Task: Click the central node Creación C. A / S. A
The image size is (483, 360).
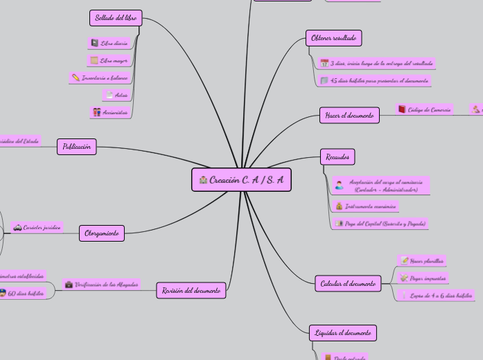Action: (x=241, y=180)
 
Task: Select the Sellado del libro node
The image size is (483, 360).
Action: (x=116, y=18)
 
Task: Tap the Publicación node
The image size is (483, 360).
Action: (x=77, y=147)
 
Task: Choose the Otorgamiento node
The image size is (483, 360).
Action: (x=102, y=233)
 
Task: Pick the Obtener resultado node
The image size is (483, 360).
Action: (x=333, y=38)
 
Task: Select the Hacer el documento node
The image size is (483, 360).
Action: (x=349, y=116)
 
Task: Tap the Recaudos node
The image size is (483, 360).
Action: (x=337, y=157)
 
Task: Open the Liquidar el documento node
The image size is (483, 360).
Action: (x=343, y=333)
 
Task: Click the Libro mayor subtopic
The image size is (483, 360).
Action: (x=114, y=61)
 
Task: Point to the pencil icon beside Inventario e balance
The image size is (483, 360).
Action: (x=76, y=78)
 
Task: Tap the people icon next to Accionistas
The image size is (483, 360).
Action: (x=96, y=112)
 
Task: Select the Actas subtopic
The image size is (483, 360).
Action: (x=121, y=95)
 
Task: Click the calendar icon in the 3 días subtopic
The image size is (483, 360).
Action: (x=324, y=63)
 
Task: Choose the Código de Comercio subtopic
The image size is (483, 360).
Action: (x=429, y=109)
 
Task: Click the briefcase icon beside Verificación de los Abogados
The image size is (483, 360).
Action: (x=69, y=285)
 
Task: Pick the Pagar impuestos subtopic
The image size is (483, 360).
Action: (x=428, y=278)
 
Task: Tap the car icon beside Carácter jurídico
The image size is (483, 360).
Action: (x=17, y=227)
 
